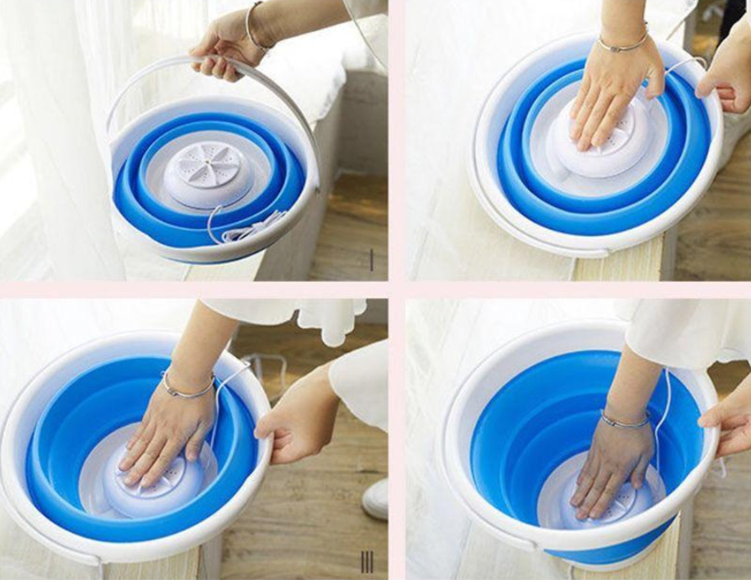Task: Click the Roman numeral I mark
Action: click(372, 260)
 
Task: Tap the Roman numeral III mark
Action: click(367, 561)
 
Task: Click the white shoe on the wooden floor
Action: click(376, 499)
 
